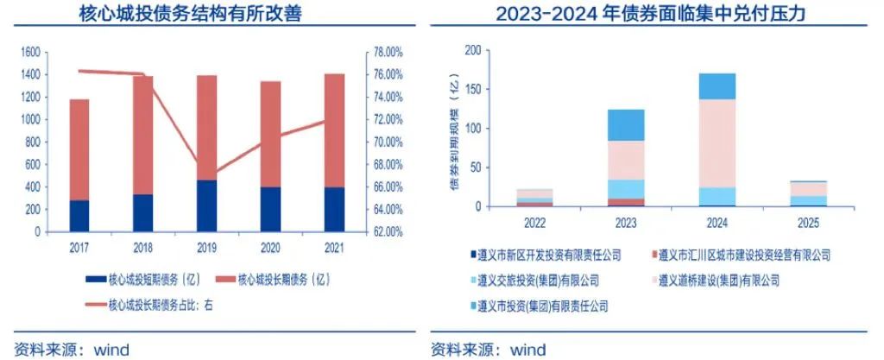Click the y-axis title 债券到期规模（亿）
454,129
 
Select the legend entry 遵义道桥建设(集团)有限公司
717,280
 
